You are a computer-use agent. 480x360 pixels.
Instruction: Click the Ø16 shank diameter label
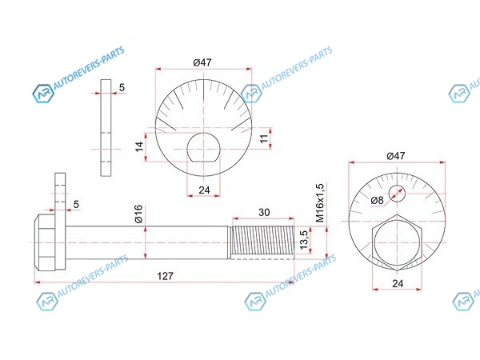pyautogui.click(x=139, y=214)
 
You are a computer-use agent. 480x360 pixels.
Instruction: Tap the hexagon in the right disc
pyautogui.click(x=397, y=244)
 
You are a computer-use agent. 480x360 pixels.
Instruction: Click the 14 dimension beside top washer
pyautogui.click(x=139, y=146)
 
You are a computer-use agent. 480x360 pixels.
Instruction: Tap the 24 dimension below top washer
pyautogui.click(x=203, y=190)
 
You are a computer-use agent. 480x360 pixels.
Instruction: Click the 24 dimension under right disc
pyautogui.click(x=397, y=283)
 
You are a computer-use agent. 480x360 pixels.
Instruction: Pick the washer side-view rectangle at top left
pyautogui.click(x=106, y=129)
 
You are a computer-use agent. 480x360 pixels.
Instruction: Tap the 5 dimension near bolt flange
pyautogui.click(x=76, y=205)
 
